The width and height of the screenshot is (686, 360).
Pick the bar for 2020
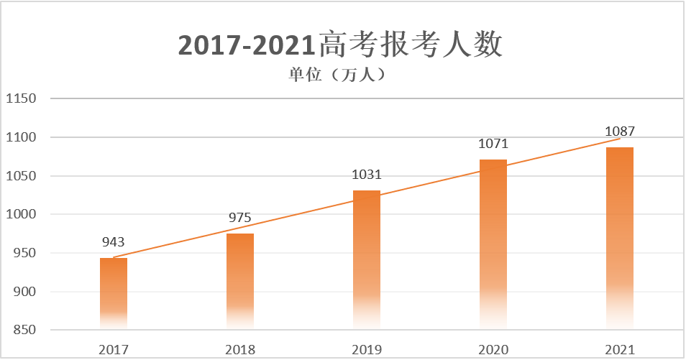tap(493, 244)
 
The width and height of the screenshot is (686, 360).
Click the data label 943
tap(114, 242)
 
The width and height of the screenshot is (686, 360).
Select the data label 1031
tap(367, 175)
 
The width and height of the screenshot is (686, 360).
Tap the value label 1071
tap(493, 144)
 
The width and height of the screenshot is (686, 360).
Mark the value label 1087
tap(620, 131)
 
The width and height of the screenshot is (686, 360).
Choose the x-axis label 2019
tap(367, 350)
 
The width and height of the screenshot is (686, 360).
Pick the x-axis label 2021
tap(620, 350)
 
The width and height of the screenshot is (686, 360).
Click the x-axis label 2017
tap(114, 350)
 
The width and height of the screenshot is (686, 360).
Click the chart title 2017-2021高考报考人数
tap(340, 45)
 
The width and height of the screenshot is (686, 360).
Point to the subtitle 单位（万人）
tap(339, 74)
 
